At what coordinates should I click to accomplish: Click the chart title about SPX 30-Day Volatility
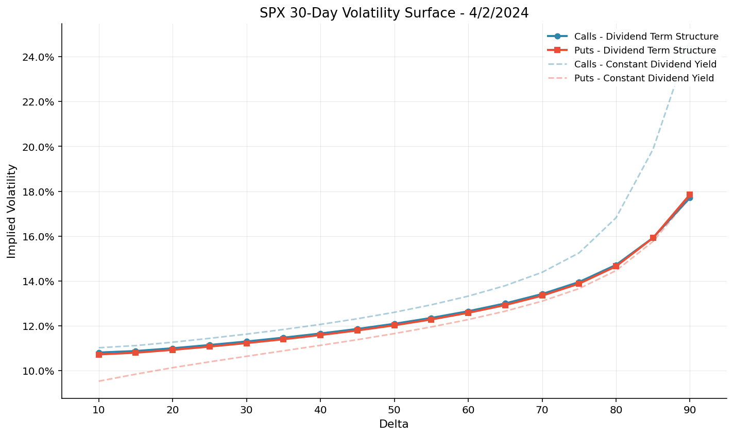394,13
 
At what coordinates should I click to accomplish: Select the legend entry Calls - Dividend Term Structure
646,37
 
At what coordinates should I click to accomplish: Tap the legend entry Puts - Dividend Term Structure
645,50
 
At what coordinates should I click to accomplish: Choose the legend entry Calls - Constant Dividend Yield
645,64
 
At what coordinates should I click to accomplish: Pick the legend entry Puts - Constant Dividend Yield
644,78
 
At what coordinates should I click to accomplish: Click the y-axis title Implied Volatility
12,211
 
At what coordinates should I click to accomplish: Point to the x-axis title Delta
394,424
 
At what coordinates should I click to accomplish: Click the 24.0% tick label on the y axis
38,57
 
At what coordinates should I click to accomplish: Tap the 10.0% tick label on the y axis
38,371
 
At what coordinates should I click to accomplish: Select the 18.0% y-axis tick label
38,192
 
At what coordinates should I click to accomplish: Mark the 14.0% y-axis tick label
38,282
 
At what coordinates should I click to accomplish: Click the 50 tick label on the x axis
394,410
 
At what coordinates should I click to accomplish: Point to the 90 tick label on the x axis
690,410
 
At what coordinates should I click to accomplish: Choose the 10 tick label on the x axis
99,410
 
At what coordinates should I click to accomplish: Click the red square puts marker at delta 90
690,195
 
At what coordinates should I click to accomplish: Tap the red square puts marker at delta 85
653,238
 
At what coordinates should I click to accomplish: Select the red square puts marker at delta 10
99,354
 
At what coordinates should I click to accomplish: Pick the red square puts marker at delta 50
395,325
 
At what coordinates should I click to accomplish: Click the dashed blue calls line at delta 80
616,218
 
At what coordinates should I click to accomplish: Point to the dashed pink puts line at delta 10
99,381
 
